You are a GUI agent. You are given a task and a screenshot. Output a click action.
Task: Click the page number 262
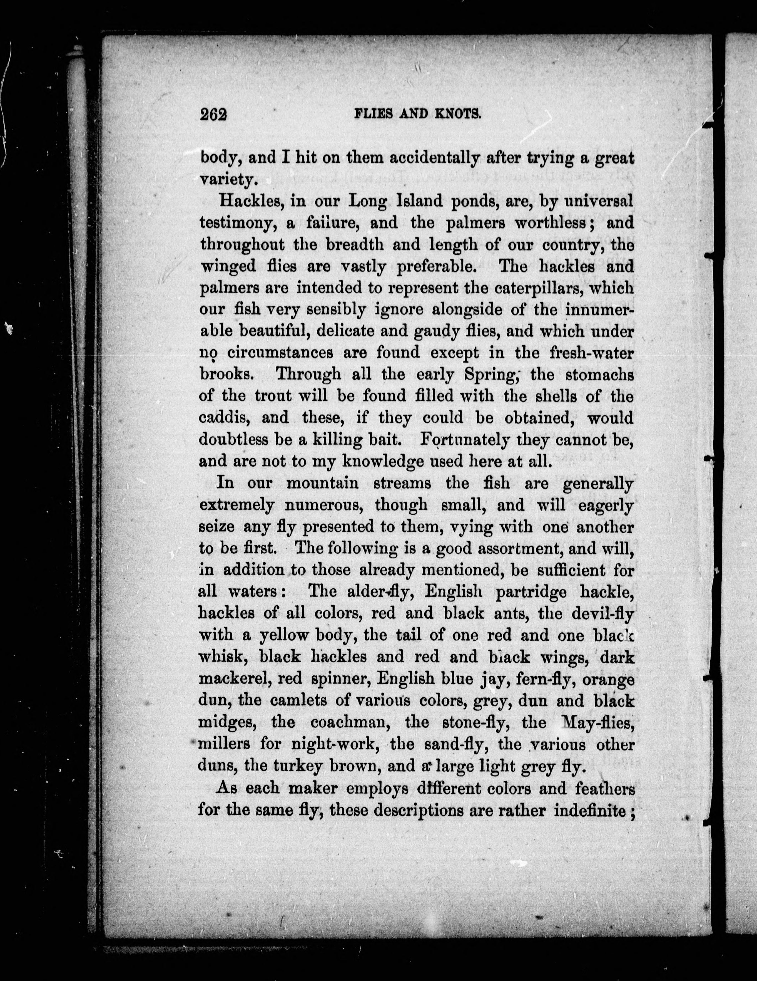coord(214,115)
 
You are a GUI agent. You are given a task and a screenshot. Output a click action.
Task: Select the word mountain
coord(322,483)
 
